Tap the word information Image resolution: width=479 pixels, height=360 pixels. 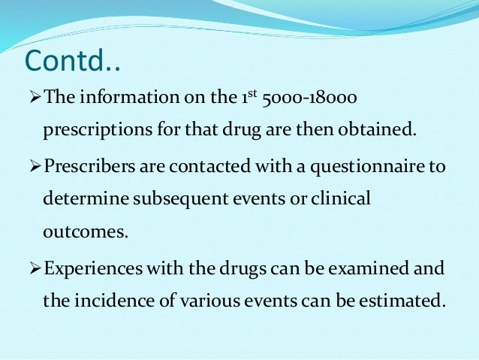pos(119,99)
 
